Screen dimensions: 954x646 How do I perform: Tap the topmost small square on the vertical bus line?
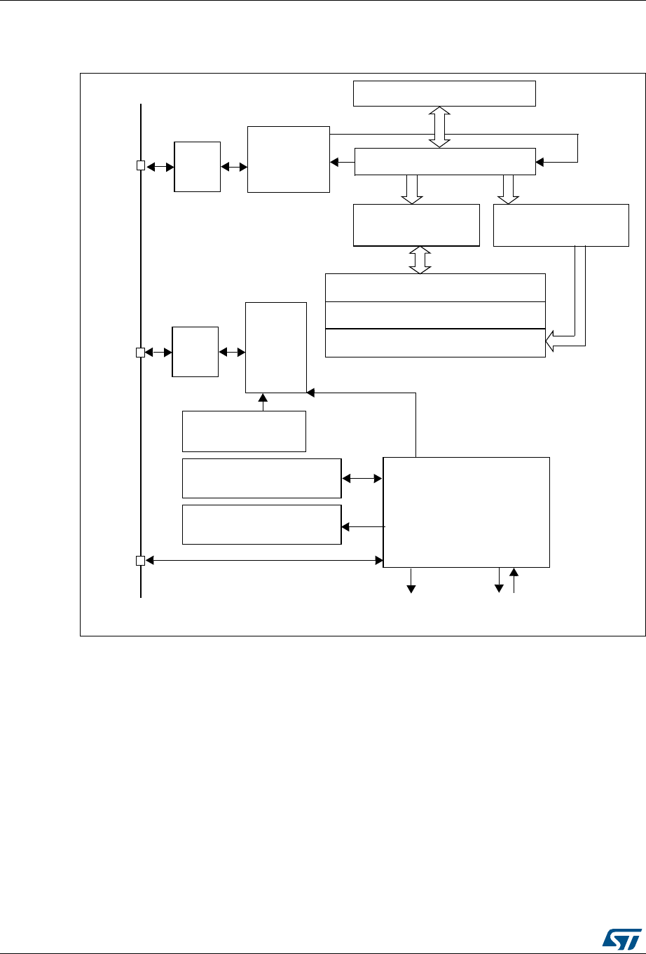(140, 166)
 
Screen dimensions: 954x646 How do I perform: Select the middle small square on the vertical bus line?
(140, 352)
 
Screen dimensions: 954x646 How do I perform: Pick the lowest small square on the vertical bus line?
(140, 560)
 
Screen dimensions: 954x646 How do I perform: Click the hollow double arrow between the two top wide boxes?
(440, 127)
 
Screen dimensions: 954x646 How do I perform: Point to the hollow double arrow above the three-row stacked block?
(420, 259)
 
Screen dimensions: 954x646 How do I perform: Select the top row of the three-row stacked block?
(435, 287)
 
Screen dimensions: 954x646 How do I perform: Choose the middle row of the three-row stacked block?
(435, 315)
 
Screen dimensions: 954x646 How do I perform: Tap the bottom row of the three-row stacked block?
(435, 343)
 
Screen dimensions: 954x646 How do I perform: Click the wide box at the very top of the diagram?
(444, 93)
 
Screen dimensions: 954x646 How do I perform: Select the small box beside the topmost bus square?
(197, 166)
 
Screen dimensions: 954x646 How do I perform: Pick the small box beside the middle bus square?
(195, 351)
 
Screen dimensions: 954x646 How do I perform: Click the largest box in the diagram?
(467, 512)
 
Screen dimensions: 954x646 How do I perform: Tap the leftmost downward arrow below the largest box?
(411, 581)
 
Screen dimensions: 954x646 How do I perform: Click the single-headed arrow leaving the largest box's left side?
(363, 526)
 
